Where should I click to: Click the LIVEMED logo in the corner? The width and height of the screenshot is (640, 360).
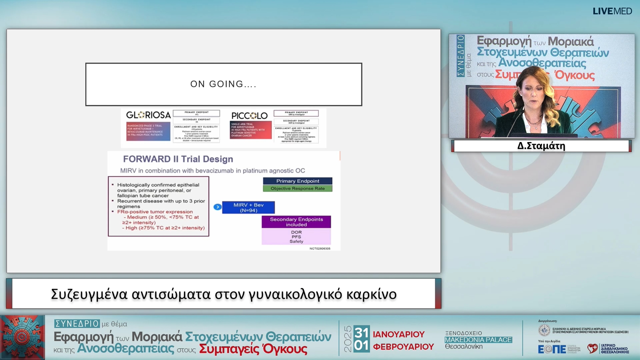[612, 11]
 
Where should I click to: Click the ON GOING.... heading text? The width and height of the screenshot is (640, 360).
[223, 84]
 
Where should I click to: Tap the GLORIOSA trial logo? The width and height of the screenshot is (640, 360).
[148, 115]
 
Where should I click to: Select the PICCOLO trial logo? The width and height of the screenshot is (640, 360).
[249, 116]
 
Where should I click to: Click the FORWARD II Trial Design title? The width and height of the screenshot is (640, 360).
[178, 159]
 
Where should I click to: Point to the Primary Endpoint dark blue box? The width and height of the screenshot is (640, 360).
[297, 181]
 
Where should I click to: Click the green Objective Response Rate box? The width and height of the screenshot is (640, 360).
[297, 189]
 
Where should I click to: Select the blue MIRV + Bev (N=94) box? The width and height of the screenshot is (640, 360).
[248, 207]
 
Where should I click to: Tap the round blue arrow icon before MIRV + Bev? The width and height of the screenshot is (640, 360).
[217, 207]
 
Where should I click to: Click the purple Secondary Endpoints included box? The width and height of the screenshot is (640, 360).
[296, 222]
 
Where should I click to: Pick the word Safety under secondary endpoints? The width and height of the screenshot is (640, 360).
[296, 241]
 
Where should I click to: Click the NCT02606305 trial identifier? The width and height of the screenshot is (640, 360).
[320, 249]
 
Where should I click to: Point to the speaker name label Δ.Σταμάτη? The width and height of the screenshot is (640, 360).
[541, 146]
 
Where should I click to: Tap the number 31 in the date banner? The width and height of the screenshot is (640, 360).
[362, 333]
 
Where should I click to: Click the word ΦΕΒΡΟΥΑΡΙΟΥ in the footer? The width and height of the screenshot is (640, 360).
[403, 347]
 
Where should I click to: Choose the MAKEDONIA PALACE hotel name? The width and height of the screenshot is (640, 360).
[478, 340]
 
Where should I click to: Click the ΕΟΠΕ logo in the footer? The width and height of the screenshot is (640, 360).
[552, 349]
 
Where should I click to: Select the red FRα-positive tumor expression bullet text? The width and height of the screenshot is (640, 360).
[155, 212]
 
